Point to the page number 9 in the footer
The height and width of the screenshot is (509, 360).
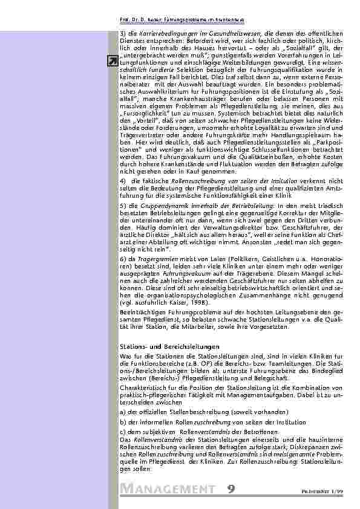(232, 488)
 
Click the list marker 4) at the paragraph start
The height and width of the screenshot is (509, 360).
(123, 181)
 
